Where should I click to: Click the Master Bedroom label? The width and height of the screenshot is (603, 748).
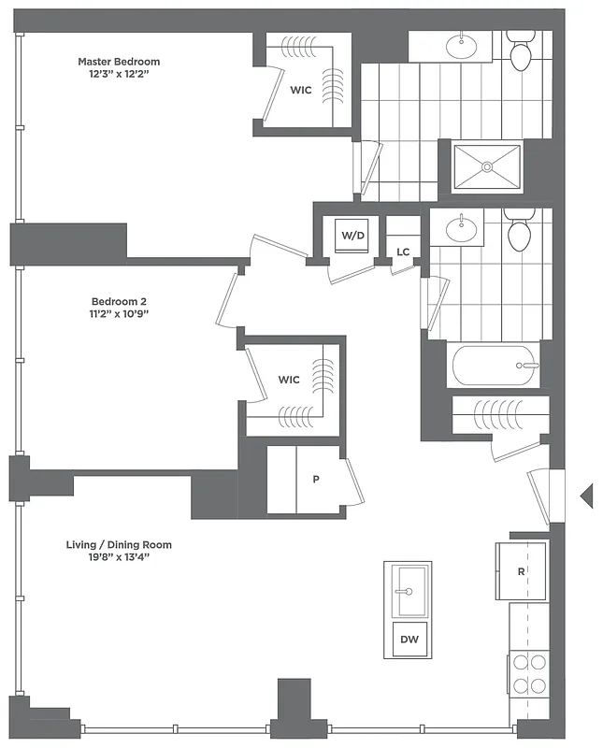(119, 63)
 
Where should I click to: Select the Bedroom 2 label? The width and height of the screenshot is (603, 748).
(119, 301)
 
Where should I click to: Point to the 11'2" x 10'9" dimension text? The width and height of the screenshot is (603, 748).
(120, 314)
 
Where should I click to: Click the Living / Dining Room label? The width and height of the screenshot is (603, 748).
(119, 544)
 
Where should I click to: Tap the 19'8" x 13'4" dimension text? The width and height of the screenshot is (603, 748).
(120, 557)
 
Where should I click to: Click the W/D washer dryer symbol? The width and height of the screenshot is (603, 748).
(352, 236)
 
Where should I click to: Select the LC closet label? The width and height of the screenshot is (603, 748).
(403, 252)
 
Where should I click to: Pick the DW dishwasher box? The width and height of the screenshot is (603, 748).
(409, 640)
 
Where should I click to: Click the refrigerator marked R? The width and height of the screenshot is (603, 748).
(521, 570)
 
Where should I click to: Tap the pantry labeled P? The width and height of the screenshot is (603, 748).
(316, 480)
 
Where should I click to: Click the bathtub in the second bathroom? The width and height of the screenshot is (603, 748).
(496, 366)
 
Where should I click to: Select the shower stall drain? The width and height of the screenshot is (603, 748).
(486, 166)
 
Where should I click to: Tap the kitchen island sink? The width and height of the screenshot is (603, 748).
(408, 589)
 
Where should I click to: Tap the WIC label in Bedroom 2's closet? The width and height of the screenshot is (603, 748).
(289, 380)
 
